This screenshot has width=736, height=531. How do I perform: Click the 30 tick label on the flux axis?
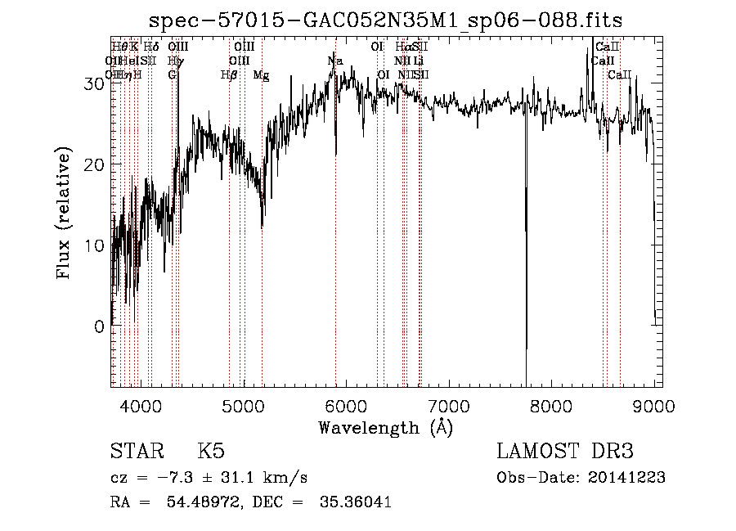pos(96,83)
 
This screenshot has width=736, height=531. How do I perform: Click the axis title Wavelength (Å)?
pos(385,427)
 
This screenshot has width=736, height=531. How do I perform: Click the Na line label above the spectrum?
pos(335,61)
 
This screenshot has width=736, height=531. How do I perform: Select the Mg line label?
pos(262,75)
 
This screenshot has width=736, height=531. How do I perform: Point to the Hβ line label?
pos(229,75)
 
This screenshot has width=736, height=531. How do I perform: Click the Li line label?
pos(418,61)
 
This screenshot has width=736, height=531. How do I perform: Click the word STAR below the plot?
pos(136,452)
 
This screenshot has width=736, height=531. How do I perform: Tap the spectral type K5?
pos(210,452)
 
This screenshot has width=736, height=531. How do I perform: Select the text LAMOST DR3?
pos(564,452)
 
